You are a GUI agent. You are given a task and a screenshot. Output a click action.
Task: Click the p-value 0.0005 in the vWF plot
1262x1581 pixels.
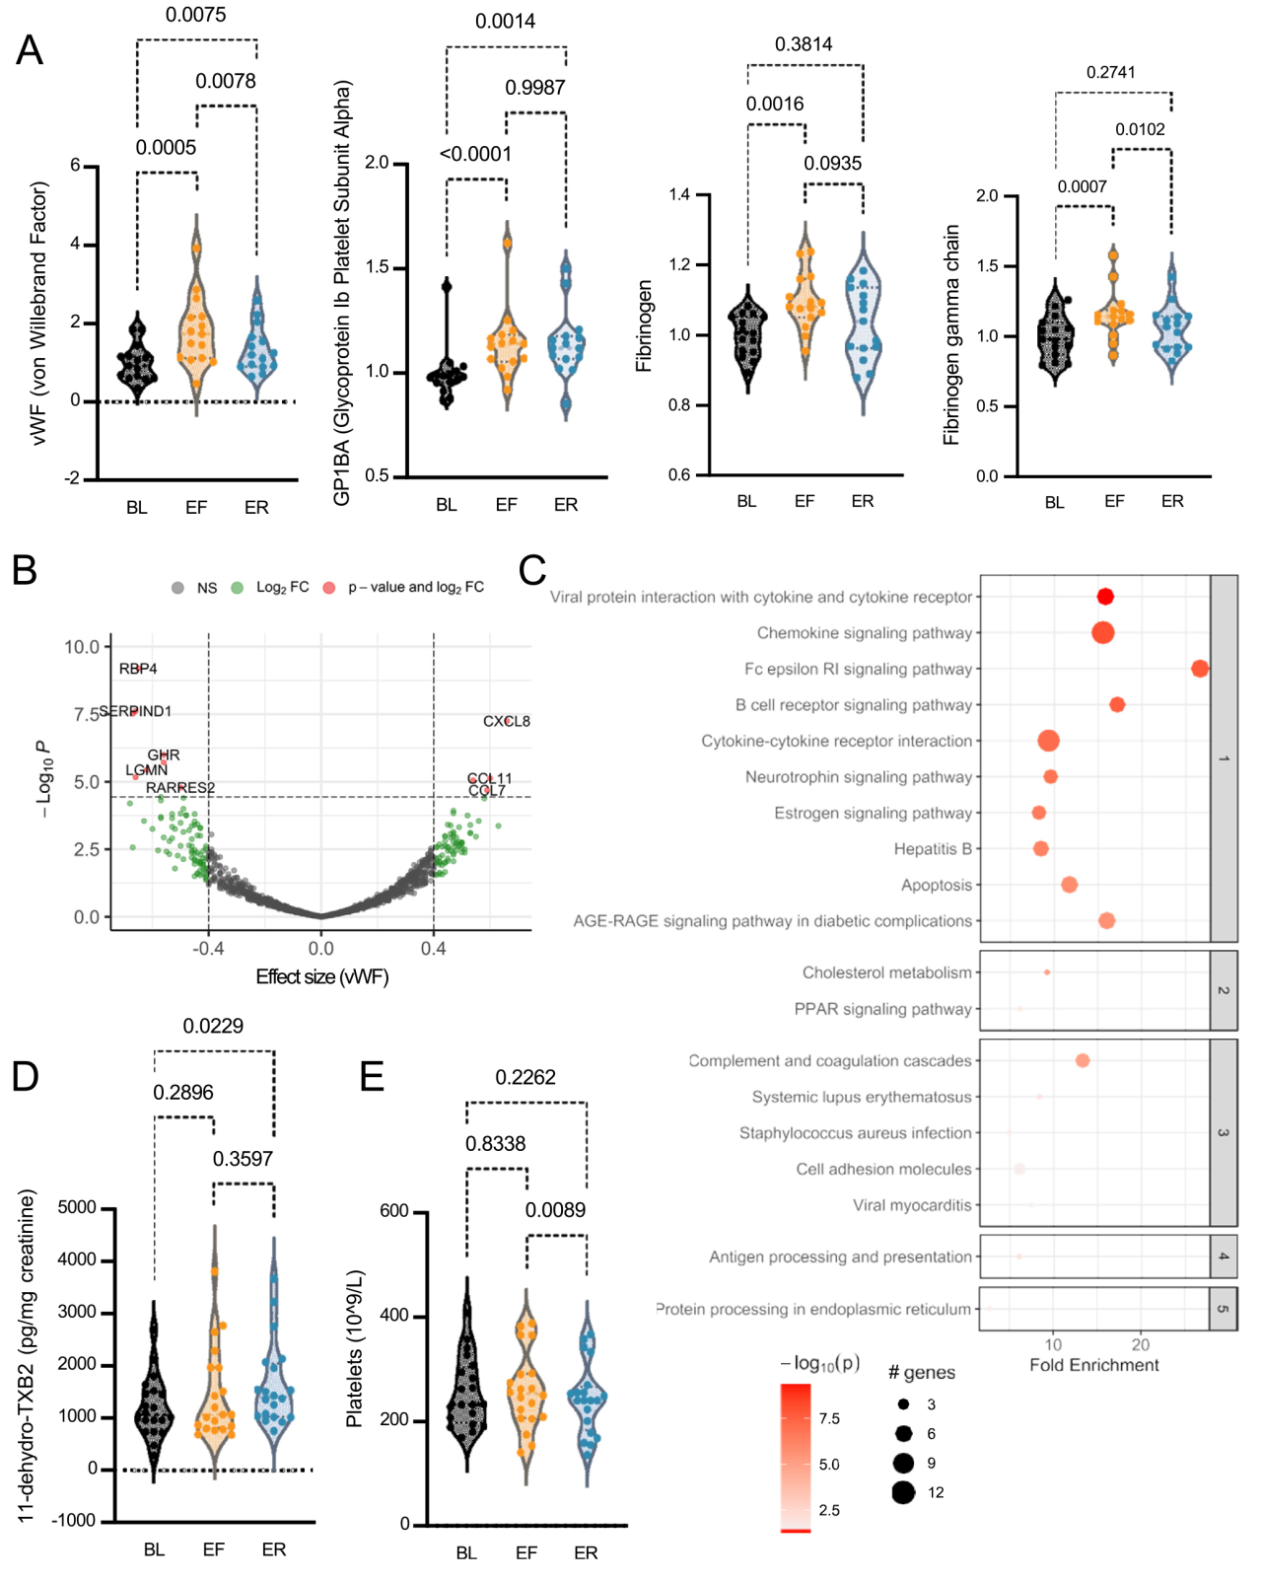(166, 148)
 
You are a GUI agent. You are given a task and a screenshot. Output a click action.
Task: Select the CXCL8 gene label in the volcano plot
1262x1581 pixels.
(506, 721)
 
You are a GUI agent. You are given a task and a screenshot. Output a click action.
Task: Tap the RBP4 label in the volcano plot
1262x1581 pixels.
(138, 669)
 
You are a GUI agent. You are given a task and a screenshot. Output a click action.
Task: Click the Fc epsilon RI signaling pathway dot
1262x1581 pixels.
(1199, 669)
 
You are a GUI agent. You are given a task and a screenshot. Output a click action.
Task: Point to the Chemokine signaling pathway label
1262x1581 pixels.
(864, 633)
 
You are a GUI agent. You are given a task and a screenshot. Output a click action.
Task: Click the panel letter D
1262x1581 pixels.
(25, 1076)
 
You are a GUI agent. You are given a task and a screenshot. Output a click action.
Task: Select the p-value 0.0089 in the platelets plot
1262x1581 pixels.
(555, 1210)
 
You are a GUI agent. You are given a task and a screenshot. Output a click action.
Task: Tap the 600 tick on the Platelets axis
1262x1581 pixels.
(394, 1211)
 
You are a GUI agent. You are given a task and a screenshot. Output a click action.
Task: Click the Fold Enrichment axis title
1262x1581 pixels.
(1093, 1365)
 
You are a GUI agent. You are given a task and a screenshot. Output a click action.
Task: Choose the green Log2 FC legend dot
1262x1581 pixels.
(237, 588)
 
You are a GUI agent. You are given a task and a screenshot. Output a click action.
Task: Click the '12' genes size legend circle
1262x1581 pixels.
(903, 1492)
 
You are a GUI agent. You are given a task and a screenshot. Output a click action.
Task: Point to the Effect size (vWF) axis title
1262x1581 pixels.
(322, 976)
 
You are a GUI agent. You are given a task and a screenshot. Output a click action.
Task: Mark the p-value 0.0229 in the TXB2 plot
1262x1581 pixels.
(213, 1026)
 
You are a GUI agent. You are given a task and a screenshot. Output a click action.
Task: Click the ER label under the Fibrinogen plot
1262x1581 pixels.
(862, 501)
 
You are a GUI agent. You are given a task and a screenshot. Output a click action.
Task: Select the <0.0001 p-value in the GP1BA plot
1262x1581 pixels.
(475, 154)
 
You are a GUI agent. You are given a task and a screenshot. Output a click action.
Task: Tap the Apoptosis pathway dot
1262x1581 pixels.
(1069, 885)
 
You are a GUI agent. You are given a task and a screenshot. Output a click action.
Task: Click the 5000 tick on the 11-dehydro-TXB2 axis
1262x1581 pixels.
(78, 1207)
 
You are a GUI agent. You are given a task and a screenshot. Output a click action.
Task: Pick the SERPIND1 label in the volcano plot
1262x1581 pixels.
(135, 711)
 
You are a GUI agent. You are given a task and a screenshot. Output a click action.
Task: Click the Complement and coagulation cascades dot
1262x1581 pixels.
(1083, 1060)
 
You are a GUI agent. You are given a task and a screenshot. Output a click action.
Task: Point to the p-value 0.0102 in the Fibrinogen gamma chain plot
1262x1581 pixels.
(1140, 129)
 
